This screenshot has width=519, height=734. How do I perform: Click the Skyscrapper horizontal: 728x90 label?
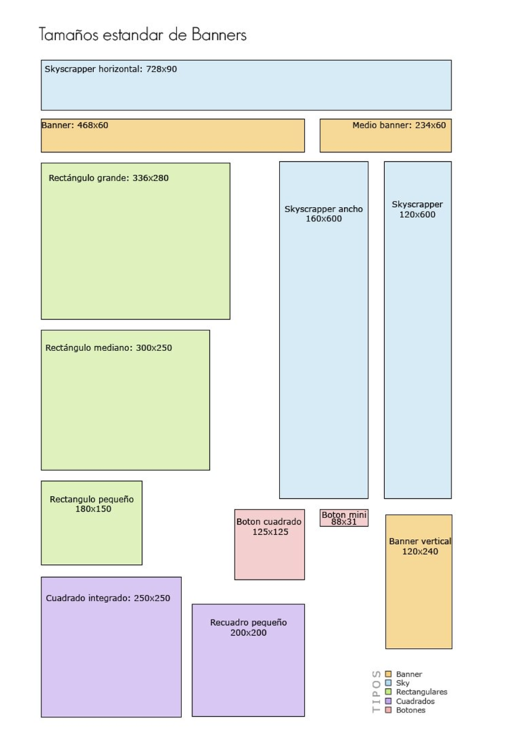[x=111, y=70]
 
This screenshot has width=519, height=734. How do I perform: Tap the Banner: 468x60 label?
[x=75, y=125]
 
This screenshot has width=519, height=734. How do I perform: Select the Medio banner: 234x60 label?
[x=399, y=125]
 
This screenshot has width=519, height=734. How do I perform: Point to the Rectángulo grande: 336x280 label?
[x=108, y=178]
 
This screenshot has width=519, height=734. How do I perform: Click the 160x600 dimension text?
[x=324, y=219]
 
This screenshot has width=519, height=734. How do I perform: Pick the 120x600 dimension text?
[x=417, y=214]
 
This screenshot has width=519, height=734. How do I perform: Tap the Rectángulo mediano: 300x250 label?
[x=108, y=348]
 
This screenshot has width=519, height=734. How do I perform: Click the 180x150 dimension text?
[x=94, y=509]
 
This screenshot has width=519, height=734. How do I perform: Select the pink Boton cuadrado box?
[x=270, y=545]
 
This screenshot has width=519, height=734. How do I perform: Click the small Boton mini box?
[x=344, y=518]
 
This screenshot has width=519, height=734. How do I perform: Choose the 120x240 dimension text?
[x=420, y=551]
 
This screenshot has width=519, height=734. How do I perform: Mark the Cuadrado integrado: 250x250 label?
[x=108, y=599]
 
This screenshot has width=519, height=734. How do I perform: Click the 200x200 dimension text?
[x=249, y=633]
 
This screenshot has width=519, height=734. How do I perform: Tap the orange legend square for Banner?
[x=388, y=674]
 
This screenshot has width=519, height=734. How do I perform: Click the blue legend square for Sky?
[x=388, y=683]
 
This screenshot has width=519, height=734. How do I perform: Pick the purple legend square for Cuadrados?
[x=388, y=701]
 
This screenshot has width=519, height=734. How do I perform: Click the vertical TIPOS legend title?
[x=376, y=692]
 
